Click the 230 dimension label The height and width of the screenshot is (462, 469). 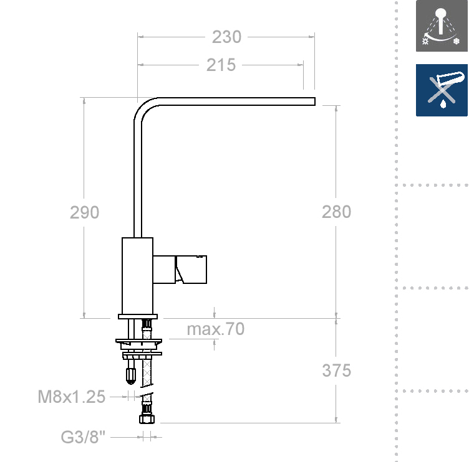pos(226,37)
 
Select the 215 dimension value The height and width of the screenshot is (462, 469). pos(221,65)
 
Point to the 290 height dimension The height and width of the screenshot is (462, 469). pos(84,212)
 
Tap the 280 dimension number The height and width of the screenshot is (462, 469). pos(336,212)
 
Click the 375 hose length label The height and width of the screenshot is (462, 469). pos(337,370)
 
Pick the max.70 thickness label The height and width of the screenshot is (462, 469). pos(216,329)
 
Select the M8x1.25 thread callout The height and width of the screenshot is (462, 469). pos(72,397)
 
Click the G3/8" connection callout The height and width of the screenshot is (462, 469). pos(83,437)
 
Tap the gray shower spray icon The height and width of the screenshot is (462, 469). pos(442,26)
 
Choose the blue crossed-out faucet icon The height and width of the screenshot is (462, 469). pos(442,90)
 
